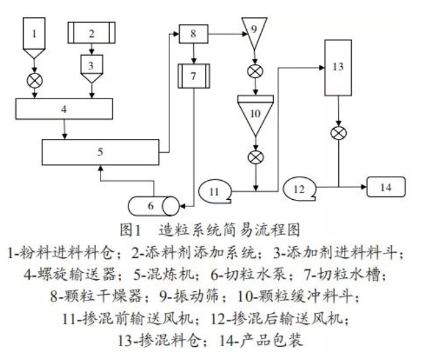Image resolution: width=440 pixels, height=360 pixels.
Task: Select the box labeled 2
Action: pyautogui.click(x=93, y=32)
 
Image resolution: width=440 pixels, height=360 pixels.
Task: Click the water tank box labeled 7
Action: pyautogui.click(x=193, y=76)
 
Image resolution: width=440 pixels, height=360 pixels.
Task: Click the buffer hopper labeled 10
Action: pyautogui.click(x=255, y=111)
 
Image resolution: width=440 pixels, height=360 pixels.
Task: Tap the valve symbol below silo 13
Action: pyautogui.click(x=339, y=133)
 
